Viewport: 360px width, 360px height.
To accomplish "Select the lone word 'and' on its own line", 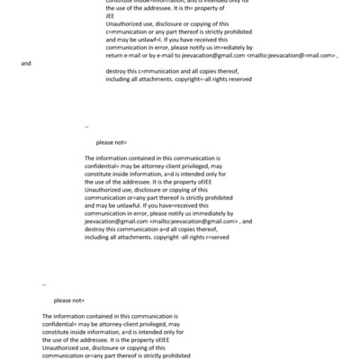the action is pyautogui.click(x=25, y=64).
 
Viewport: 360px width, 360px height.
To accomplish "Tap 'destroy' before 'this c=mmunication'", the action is pyautogui.click(x=119, y=71).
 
